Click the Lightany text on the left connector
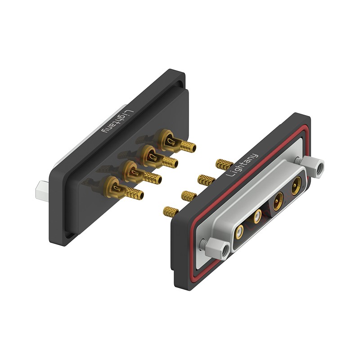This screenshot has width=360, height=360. pos(118,121)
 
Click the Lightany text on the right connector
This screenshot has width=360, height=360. pos(242,165)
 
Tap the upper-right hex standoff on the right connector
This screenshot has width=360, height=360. pos(313,167)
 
